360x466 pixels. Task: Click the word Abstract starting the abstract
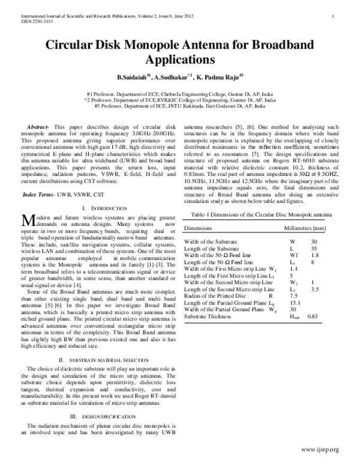click(x=40, y=127)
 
